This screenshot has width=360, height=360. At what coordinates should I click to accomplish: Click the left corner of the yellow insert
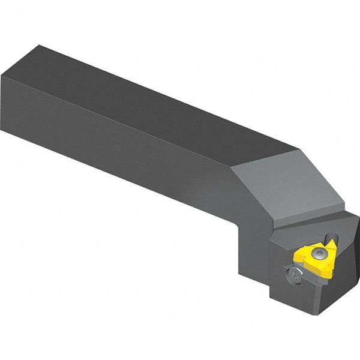(296, 256)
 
